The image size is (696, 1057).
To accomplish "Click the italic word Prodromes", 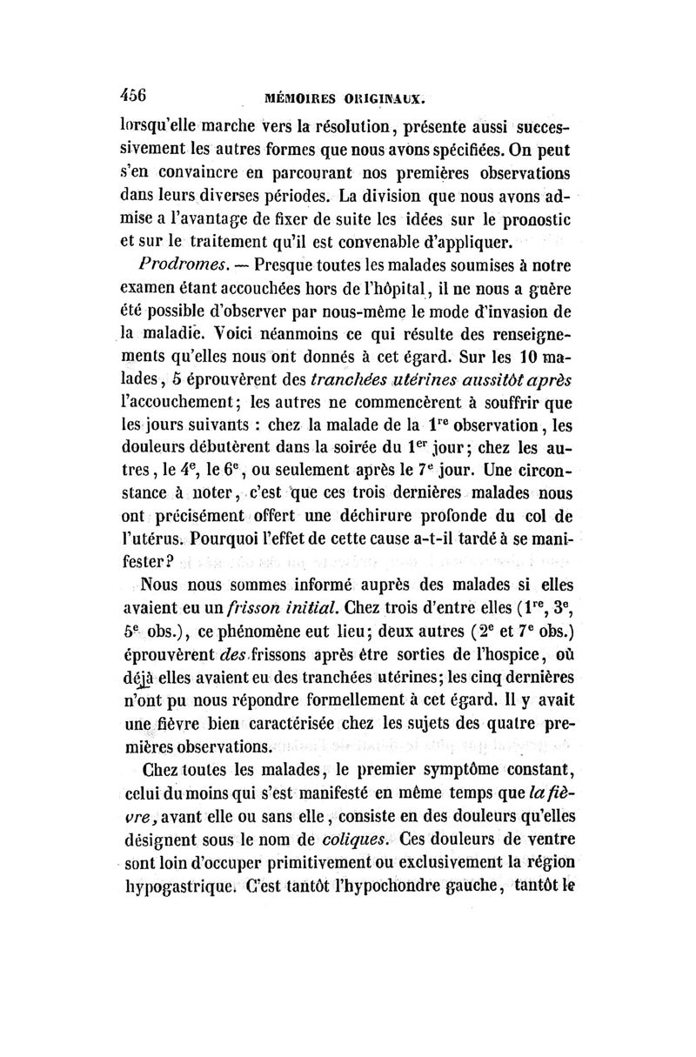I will coord(175,264).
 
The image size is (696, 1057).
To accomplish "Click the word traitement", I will coord(221,240).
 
